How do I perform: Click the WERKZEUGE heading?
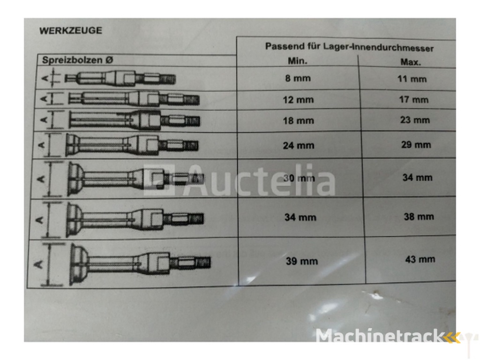click(71, 30)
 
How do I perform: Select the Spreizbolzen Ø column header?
click(77, 60)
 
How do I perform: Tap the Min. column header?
click(298, 60)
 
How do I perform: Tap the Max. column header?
click(411, 62)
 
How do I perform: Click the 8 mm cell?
click(298, 78)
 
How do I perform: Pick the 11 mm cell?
click(412, 79)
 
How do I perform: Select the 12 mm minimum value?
click(298, 100)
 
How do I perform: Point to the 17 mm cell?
click(413, 99)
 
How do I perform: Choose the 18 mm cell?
click(299, 120)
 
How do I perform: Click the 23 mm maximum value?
click(415, 120)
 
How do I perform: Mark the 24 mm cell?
click(299, 145)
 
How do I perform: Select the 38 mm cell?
click(419, 217)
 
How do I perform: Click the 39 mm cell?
click(302, 261)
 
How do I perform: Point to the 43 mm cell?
click(420, 259)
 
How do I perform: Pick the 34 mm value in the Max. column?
click(417, 178)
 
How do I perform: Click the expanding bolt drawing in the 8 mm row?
click(120, 78)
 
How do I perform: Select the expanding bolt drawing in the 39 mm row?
click(140, 263)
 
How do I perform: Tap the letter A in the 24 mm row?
click(42, 145)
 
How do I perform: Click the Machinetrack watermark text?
click(381, 336)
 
